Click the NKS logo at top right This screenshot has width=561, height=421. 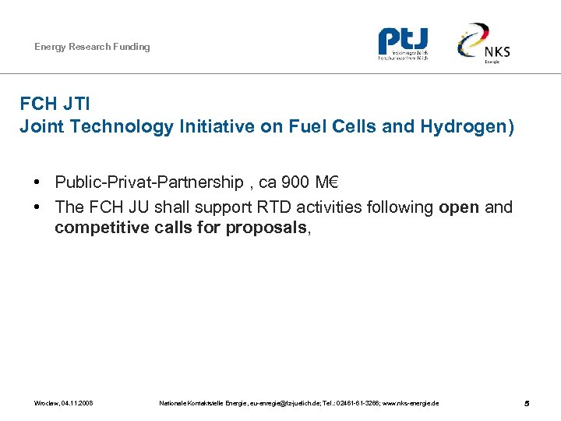pos(484,44)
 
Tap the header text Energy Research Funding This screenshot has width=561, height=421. pos(92,47)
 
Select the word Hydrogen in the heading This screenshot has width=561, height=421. pos(471,126)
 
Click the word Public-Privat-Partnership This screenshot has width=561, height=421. pos(149,182)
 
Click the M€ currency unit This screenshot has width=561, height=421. pos(328,182)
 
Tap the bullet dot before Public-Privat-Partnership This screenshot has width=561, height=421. pos(37,183)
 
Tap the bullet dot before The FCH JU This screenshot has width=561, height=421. pos(37,208)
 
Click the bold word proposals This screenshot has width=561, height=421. pos(268,228)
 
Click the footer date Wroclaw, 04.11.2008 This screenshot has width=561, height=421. pos(64,403)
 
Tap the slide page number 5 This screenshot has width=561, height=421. pos(527,403)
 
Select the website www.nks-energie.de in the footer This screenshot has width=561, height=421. pos(411,403)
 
